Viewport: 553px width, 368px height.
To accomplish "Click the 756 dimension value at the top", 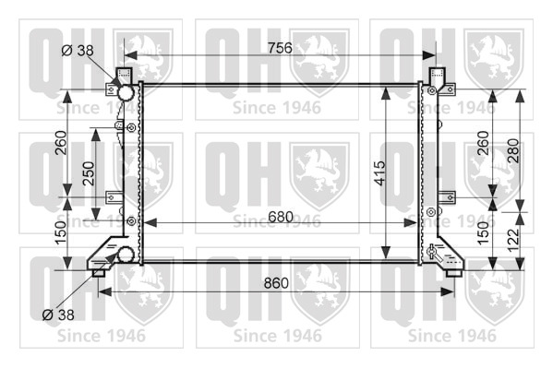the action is (x=280, y=48).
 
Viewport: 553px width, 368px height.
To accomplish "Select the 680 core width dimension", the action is (x=281, y=217).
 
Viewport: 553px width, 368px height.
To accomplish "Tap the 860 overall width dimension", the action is (x=276, y=283).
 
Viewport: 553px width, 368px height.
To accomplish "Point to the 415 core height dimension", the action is (x=379, y=173).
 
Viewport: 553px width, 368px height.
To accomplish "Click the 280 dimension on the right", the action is (x=513, y=150).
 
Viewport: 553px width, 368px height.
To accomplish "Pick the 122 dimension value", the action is (x=513, y=240).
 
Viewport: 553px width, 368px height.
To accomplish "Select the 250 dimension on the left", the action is (x=89, y=173).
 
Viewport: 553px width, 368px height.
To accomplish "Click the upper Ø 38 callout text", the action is (x=78, y=51).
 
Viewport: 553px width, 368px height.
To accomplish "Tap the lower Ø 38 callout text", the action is (x=58, y=315).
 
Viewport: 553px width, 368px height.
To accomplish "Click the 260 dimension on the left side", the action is (x=61, y=142).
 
